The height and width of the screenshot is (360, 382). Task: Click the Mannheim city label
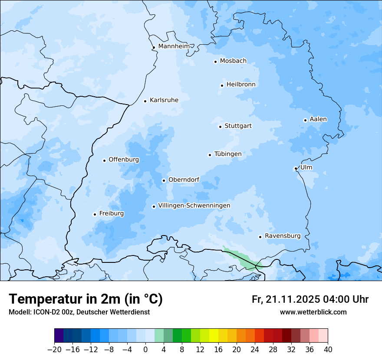coord(174,46)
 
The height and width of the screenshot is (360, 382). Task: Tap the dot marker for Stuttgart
coord(220,127)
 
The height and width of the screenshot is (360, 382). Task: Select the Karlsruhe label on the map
coord(164,100)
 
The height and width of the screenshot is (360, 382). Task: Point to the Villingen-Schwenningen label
coord(194,206)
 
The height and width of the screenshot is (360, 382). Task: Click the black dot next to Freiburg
coord(95,214)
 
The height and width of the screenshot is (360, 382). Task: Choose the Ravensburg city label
coord(282,236)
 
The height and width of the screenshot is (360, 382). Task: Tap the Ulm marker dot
coord(296,168)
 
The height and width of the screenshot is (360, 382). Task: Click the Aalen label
coord(318,119)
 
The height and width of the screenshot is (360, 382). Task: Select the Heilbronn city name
coord(241,85)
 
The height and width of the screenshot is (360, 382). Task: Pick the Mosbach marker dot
coord(215,62)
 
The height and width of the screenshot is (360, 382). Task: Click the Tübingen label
coord(227,154)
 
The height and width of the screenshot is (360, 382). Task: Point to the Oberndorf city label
coord(184,180)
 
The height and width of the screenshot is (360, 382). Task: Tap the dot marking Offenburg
coord(104,160)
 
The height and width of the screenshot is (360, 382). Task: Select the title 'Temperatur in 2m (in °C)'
coord(86,299)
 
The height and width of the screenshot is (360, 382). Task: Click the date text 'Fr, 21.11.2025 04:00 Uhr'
coord(310,299)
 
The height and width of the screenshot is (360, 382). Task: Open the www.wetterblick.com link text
coord(313,312)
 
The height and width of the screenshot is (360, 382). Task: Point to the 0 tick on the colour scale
coord(145,350)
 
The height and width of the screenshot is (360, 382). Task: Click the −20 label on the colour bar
coord(54,350)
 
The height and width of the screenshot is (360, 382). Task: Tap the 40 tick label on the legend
coord(328,350)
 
